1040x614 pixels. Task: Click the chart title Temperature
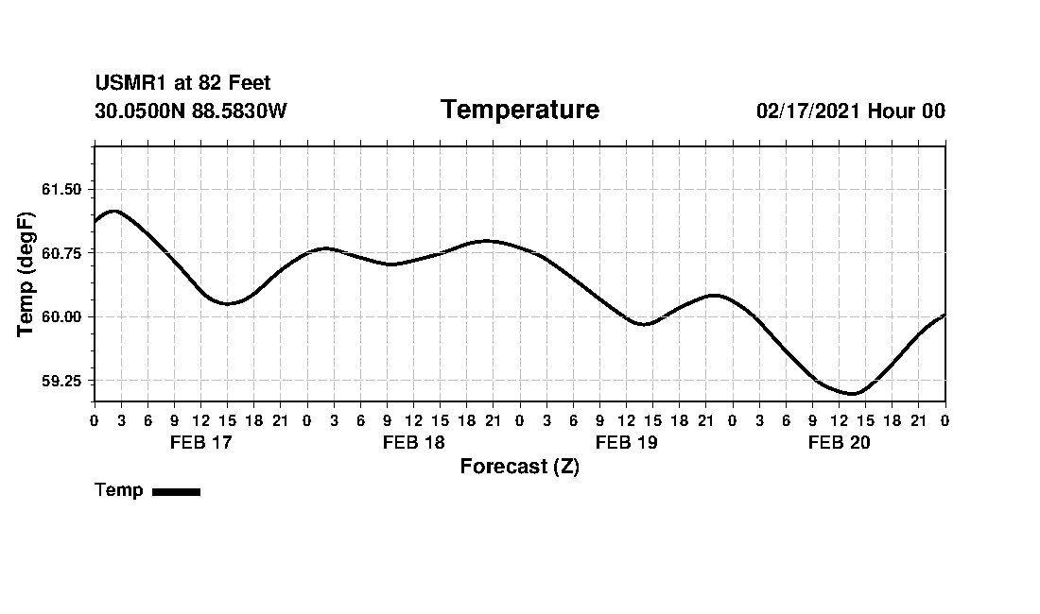(519, 111)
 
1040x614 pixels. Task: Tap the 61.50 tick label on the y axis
(61, 189)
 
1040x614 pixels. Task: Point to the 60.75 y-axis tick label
(61, 252)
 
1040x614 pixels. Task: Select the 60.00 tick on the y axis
(61, 316)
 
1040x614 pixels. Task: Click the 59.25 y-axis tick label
(61, 381)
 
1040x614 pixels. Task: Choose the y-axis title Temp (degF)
(26, 274)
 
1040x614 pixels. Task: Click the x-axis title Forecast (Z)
(519, 467)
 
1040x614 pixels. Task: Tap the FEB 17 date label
(200, 443)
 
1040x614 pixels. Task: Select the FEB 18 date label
(413, 443)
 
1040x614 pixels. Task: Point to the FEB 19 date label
(626, 443)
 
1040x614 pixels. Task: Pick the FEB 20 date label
(839, 443)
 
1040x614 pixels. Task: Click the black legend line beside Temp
(176, 491)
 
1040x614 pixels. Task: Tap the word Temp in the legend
(119, 490)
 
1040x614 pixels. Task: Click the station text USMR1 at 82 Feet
(182, 84)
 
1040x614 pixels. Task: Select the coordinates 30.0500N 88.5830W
(191, 111)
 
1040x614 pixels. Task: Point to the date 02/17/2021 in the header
(808, 111)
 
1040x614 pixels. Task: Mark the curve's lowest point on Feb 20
(852, 394)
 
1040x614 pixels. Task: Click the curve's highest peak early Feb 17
(113, 211)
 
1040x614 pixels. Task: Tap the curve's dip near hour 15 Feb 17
(227, 303)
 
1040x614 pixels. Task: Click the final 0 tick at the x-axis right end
(945, 419)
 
